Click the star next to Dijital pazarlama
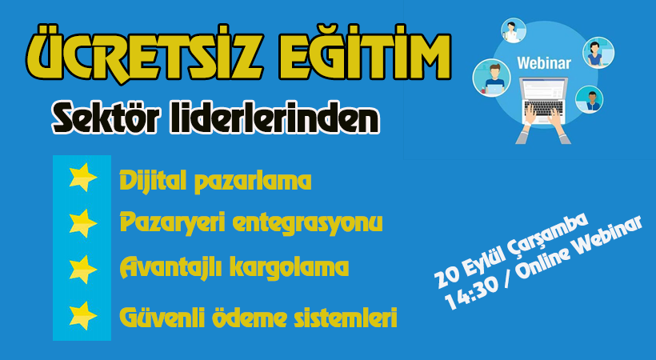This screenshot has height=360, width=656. pyautogui.click(x=83, y=177)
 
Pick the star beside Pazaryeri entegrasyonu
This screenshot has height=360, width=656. pyautogui.click(x=83, y=223)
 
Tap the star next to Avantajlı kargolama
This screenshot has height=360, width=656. pyautogui.click(x=83, y=269)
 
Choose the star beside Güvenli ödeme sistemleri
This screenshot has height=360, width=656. pyautogui.click(x=83, y=316)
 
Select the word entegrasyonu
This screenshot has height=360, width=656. pyautogui.click(x=307, y=222)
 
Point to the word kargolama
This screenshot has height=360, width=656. pyautogui.click(x=289, y=267)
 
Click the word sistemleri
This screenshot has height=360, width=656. pyautogui.click(x=345, y=318)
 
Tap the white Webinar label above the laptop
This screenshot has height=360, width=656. pyautogui.click(x=544, y=63)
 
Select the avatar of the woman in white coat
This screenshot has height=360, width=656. pyautogui.click(x=514, y=30)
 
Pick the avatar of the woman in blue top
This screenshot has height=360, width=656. pyautogui.click(x=598, y=53)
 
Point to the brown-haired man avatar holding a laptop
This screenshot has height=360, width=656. pyautogui.click(x=491, y=78)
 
